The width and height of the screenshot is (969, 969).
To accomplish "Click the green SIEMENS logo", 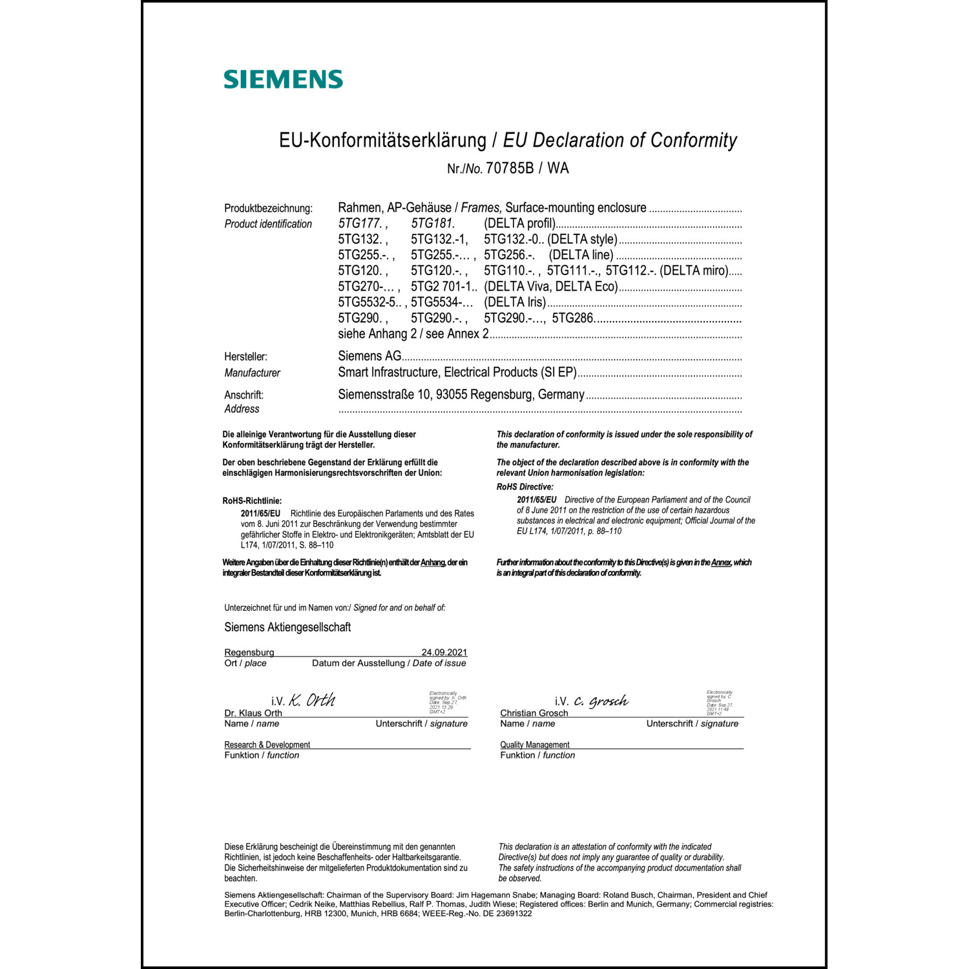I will tap(283, 79).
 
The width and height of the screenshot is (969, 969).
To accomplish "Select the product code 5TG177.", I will tap(360, 224).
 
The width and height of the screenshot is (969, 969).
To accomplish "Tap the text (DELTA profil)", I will tap(519, 224).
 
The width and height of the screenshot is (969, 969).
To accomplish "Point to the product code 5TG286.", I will tap(573, 318).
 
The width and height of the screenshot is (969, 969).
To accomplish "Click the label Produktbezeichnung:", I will tap(268, 208).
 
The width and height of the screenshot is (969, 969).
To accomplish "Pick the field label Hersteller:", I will tap(245, 357).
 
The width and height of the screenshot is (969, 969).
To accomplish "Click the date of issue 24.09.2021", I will tap(444, 652).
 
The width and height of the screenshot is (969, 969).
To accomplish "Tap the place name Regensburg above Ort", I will tap(249, 652).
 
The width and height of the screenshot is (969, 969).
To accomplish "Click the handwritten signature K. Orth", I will tap(311, 700).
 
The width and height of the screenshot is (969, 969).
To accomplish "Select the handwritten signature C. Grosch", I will tap(600, 702).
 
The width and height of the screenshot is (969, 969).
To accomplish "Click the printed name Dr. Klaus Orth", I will tap(253, 713).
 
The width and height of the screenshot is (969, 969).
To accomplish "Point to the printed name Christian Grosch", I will tap(534, 713).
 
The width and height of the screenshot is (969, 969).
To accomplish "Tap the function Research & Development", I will tap(267, 745).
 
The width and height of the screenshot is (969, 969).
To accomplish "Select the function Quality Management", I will tap(534, 745).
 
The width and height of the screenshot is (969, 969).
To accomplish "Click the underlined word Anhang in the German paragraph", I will tap(433, 563).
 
